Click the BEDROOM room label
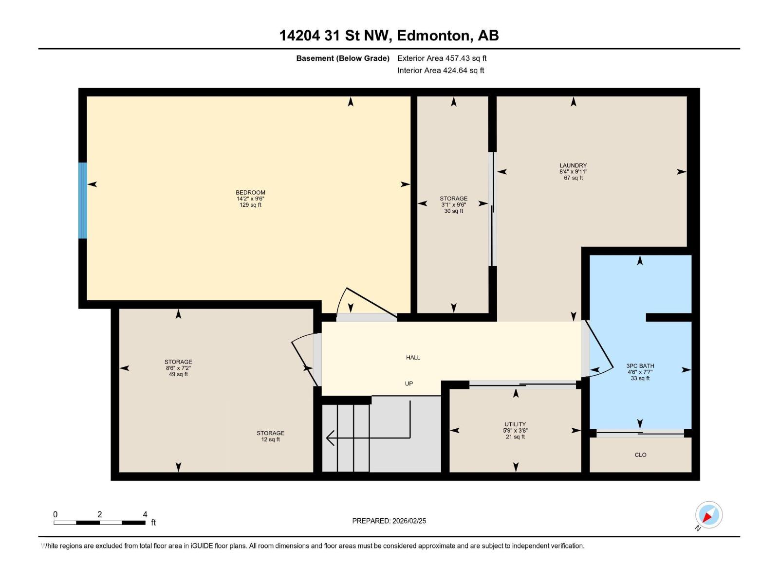tap(250, 193)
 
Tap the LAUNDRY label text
tap(573, 165)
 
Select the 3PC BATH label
tap(640, 366)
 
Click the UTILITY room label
tap(515, 424)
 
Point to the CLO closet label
tap(640, 455)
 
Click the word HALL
tap(413, 358)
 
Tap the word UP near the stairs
tap(409, 384)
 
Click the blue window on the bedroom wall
tap(83, 201)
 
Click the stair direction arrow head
tap(330, 438)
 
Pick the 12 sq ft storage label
tap(270, 436)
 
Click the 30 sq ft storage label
tap(453, 204)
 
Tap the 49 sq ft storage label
tap(178, 368)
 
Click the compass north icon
tap(708, 515)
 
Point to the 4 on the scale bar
tap(145, 514)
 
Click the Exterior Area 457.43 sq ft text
tap(442, 58)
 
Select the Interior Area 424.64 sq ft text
tap(441, 71)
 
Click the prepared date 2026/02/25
tap(408, 521)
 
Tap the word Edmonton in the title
tap(434, 36)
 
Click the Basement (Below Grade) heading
tap(343, 58)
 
